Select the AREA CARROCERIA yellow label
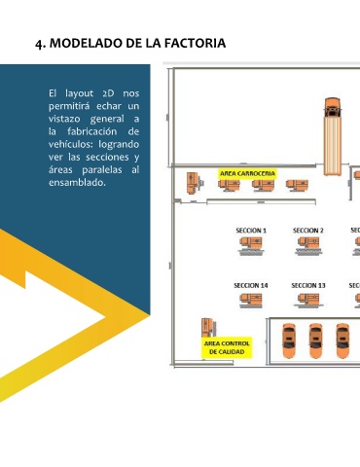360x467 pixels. click(x=247, y=174)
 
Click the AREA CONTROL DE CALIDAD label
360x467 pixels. click(x=227, y=347)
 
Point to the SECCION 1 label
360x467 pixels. click(x=251, y=231)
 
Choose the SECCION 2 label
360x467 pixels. click(x=308, y=231)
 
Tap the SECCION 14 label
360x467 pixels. click(x=251, y=286)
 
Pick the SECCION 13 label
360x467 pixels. click(x=308, y=286)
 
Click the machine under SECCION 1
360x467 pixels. click(x=251, y=246)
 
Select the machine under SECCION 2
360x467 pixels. click(x=308, y=246)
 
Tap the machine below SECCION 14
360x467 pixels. click(x=251, y=301)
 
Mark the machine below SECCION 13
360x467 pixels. click(x=308, y=301)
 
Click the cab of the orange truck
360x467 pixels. click(x=333, y=108)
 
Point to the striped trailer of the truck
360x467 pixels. click(x=333, y=147)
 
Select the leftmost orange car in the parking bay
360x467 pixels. click(x=289, y=341)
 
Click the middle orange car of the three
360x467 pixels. click(x=315, y=341)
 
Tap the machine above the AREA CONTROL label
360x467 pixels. click(x=208, y=328)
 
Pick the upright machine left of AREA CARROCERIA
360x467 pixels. click(x=194, y=183)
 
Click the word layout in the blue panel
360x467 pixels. click(x=80, y=93)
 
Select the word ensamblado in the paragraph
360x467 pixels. click(x=77, y=183)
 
